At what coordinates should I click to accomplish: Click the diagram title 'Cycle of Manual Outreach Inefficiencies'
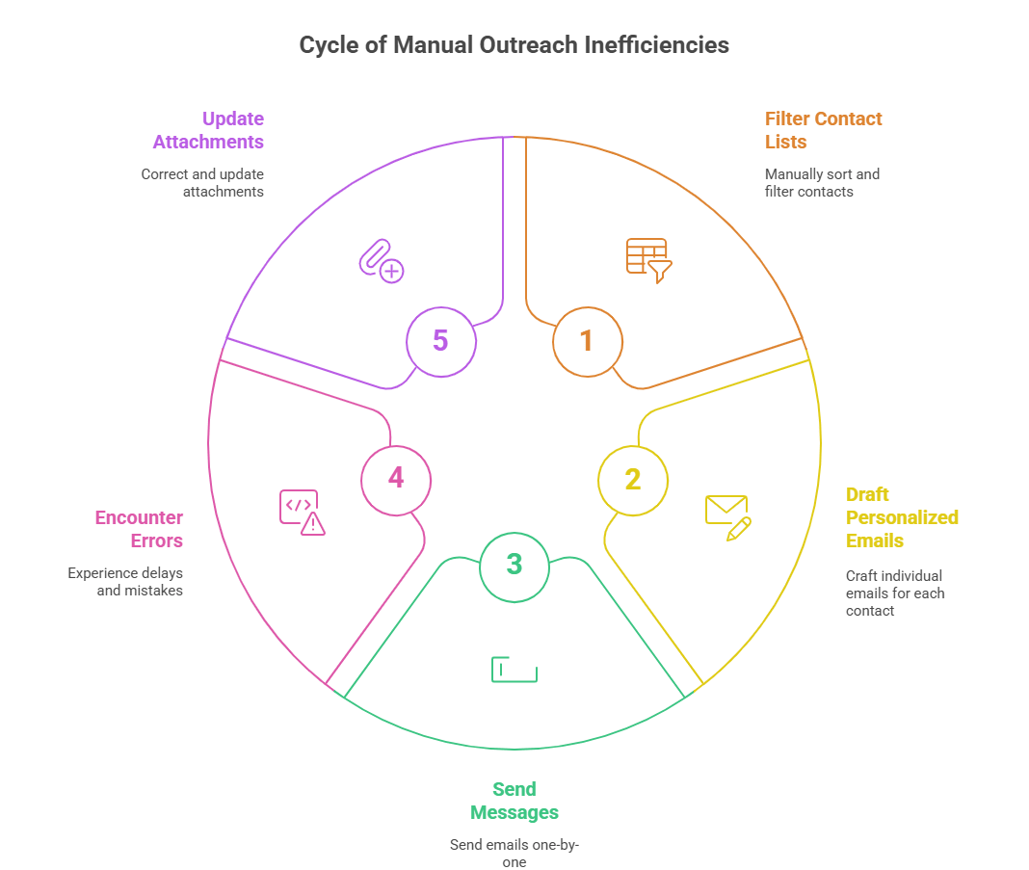(514, 45)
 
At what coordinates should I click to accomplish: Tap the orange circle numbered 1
(587, 340)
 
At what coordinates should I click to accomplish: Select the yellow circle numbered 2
(632, 480)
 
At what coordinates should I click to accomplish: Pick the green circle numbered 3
(514, 565)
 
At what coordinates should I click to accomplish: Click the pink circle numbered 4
(396, 479)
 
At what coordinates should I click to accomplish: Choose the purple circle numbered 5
(440, 340)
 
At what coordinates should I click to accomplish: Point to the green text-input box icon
(514, 669)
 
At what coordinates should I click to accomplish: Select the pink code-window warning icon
(302, 512)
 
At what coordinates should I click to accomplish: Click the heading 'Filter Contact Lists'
(823, 130)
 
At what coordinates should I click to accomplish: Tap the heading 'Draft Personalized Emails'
(902, 517)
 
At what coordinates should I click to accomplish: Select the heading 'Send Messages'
(514, 801)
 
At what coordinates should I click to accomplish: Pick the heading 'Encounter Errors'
(139, 529)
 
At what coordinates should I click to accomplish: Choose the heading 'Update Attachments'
(209, 130)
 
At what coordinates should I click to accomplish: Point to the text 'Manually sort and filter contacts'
(821, 183)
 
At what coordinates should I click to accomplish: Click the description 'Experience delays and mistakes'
(125, 581)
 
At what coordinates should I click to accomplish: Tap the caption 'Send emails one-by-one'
(514, 853)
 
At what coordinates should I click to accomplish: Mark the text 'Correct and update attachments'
(203, 183)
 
